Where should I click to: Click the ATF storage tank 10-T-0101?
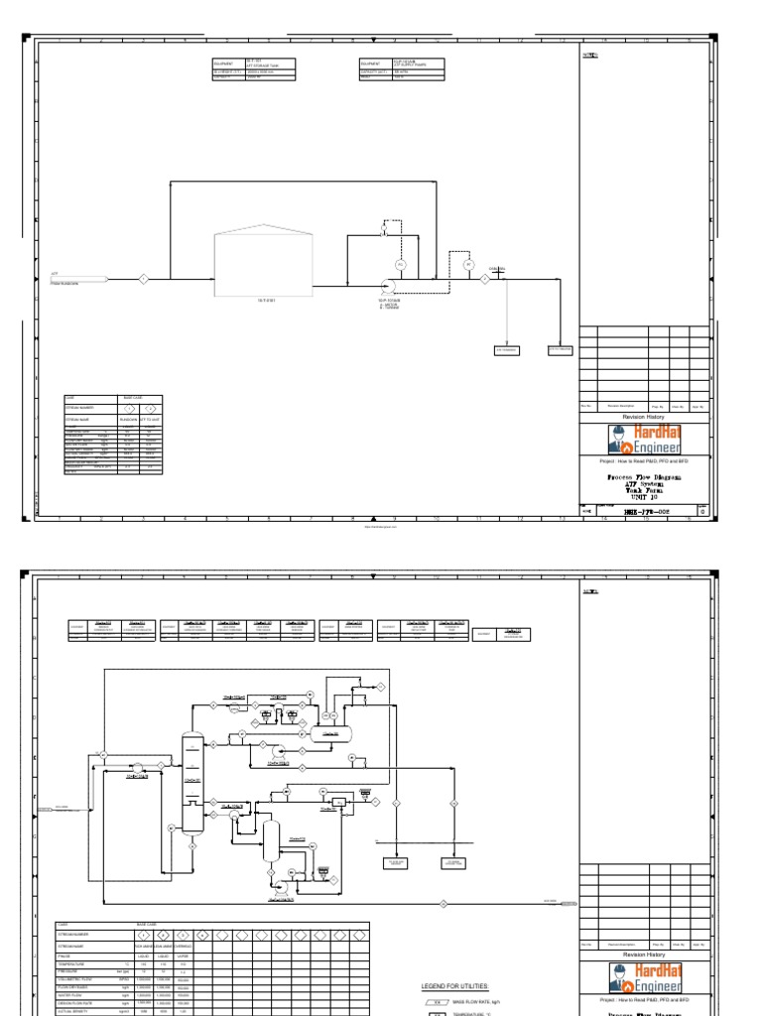pyautogui.click(x=264, y=263)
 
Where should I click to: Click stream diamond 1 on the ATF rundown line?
pyautogui.click(x=143, y=279)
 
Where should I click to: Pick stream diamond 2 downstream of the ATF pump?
pyautogui.click(x=484, y=279)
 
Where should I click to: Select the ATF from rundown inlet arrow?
pyautogui.click(x=79, y=279)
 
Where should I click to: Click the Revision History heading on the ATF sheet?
pyautogui.click(x=645, y=418)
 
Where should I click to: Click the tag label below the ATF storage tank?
pyautogui.click(x=264, y=299)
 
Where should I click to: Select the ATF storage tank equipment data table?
pyautogui.click(x=254, y=68)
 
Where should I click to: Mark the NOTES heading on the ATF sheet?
pyautogui.click(x=590, y=56)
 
